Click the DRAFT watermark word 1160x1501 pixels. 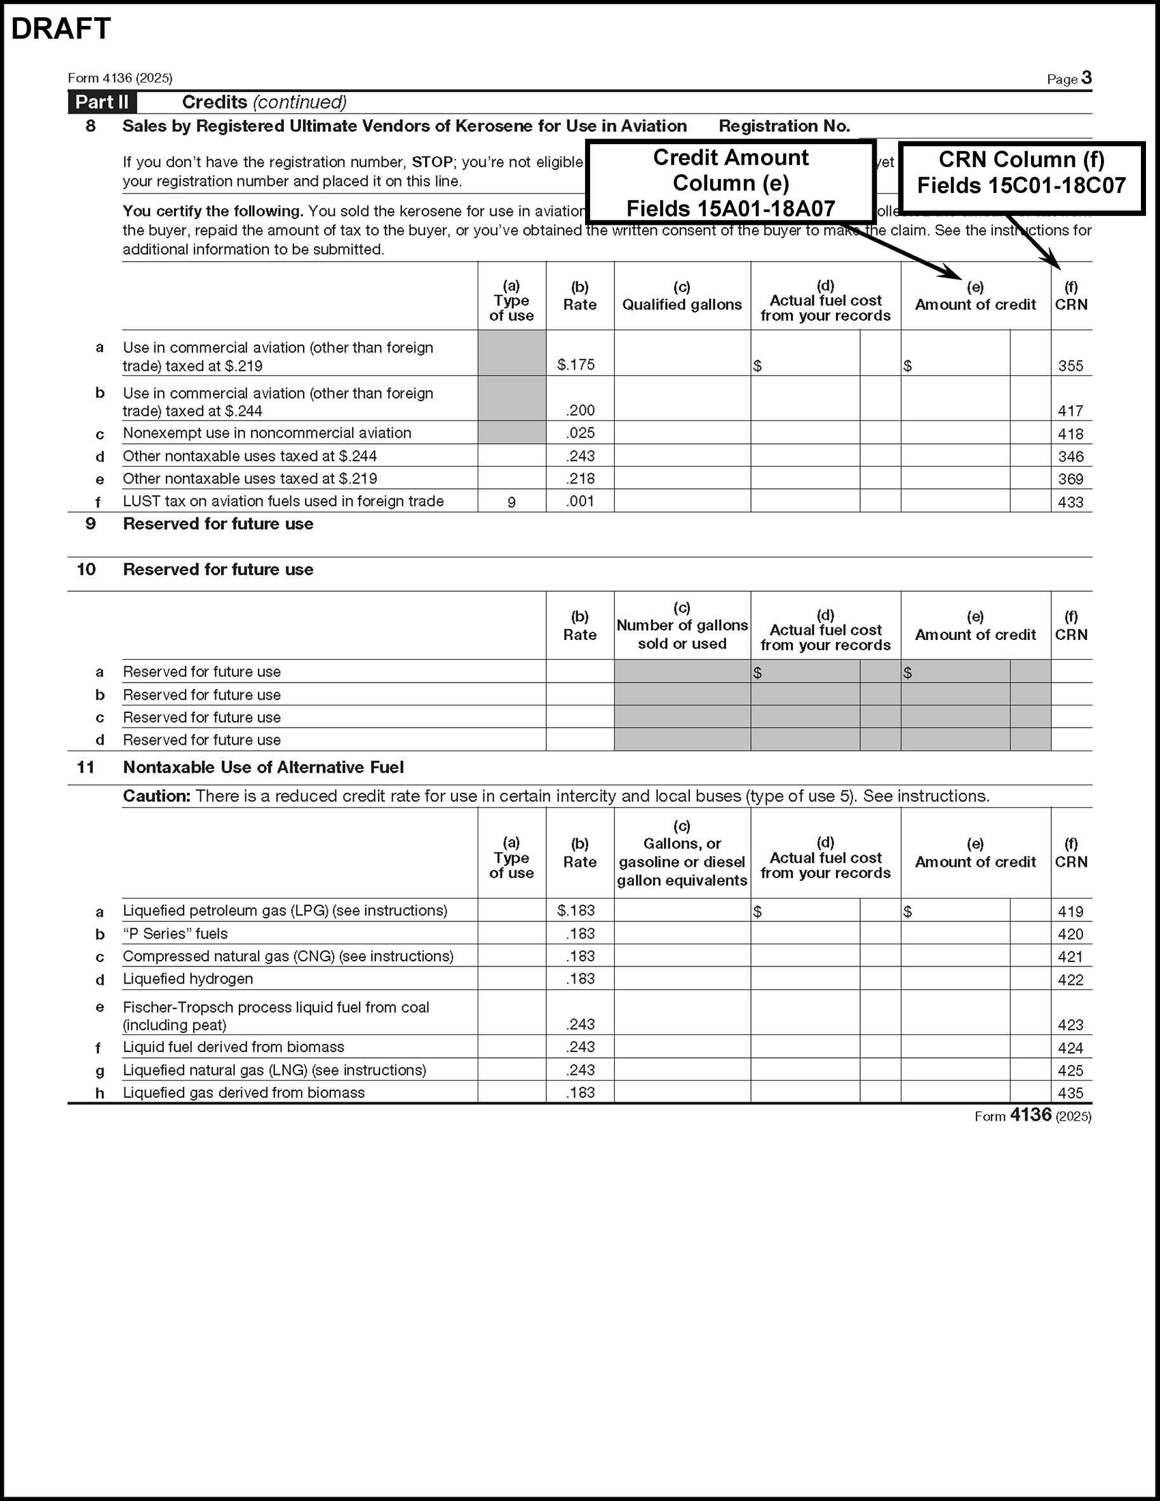pos(61,29)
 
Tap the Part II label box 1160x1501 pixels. pos(102,102)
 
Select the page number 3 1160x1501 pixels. pos(1086,77)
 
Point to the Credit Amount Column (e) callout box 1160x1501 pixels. pos(731,182)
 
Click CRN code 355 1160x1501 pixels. pos(1070,366)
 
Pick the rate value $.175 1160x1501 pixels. pos(576,365)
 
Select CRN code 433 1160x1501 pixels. pos(1070,502)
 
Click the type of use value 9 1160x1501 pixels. pos(511,502)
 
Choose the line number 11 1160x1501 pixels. pos(85,767)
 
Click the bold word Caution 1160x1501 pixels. pos(156,796)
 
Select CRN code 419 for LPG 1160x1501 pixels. pos(1070,912)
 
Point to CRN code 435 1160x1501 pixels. pos(1070,1093)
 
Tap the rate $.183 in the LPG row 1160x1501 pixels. pos(576,911)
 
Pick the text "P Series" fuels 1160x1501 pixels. pos(175,934)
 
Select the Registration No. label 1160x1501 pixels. pos(784,126)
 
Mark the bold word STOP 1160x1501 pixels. pos(431,162)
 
